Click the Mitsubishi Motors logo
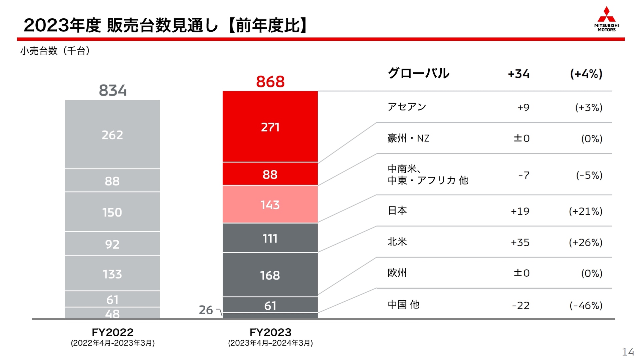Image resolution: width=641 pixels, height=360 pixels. point(606,19)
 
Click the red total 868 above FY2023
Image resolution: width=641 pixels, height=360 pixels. point(270,82)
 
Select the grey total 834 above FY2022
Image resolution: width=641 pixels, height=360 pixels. point(113,90)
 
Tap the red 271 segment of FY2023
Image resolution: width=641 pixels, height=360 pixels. point(270,127)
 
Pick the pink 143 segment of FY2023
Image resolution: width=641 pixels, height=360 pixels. point(270,205)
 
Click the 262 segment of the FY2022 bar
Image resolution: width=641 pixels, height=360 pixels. point(112,135)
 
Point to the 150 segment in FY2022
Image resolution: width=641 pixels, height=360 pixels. point(112,212)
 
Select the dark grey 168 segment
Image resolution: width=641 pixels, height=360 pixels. point(270,275)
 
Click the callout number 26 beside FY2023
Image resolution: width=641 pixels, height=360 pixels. point(206,310)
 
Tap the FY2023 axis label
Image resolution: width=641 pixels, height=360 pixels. point(270,332)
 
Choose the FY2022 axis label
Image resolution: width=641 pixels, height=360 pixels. point(113,332)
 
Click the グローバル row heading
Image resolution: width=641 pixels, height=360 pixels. point(418,73)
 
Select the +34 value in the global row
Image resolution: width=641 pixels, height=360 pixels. point(518,74)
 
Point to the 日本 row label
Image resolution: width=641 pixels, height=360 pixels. point(397,211)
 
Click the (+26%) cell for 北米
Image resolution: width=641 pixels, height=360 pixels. point(586,242)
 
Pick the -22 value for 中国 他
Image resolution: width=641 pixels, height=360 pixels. point(521,305)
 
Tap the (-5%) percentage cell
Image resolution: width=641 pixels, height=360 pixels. point(589,175)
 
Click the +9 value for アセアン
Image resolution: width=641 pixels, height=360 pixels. point(523,107)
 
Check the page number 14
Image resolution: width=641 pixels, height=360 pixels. point(628,352)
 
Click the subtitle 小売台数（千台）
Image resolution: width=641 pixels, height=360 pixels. point(55,51)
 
